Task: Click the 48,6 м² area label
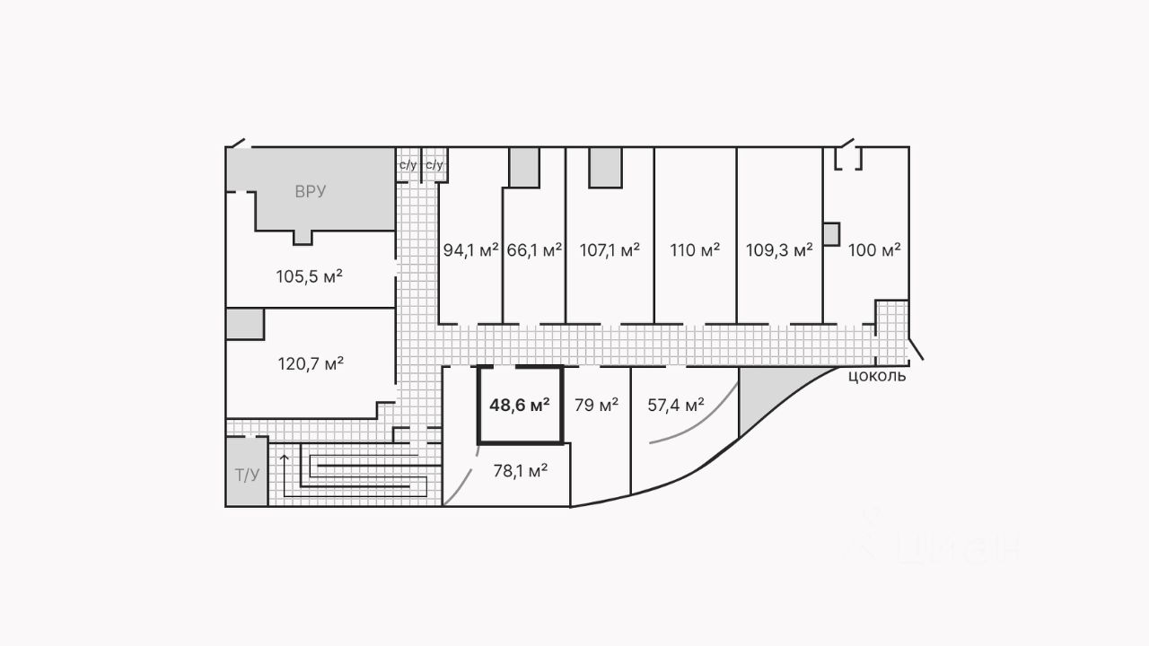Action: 519,406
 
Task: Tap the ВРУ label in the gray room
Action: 310,191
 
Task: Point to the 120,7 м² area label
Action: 310,364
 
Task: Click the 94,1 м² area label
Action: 470,250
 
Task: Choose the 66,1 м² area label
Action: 534,250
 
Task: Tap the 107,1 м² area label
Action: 610,250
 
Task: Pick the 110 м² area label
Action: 695,250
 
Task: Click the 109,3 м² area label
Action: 779,250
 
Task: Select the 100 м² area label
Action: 874,250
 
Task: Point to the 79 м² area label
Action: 596,406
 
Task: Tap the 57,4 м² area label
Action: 675,406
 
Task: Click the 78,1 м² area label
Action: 521,470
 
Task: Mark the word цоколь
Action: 877,376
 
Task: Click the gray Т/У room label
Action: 247,475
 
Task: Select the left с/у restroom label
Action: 408,165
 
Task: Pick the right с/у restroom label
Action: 434,165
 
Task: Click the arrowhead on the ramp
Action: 285,458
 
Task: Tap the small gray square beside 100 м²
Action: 830,234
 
